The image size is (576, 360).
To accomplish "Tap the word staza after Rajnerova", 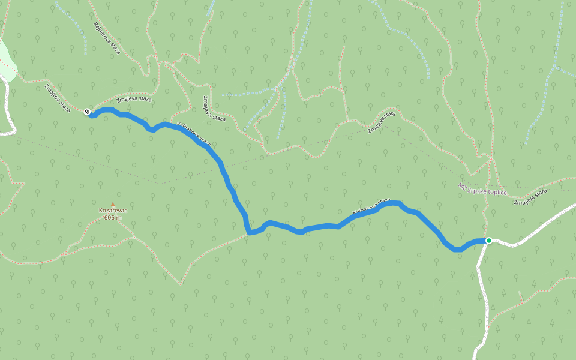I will click(115, 48).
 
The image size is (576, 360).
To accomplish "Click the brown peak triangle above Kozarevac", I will click(112, 205).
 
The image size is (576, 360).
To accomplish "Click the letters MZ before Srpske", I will click(461, 187).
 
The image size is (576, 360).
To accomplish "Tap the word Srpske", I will click(478, 190).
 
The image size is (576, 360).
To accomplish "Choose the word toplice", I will click(498, 193).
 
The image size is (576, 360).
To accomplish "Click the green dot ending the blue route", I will click(489, 241).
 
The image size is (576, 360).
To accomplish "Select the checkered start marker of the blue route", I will click(88, 112).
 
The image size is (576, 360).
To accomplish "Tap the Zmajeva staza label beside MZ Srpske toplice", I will click(531, 197).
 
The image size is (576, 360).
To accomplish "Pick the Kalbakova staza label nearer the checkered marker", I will click(194, 134).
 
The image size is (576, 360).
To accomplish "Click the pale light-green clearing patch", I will click(6, 60).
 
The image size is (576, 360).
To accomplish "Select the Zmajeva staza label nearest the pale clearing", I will click(58, 98).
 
